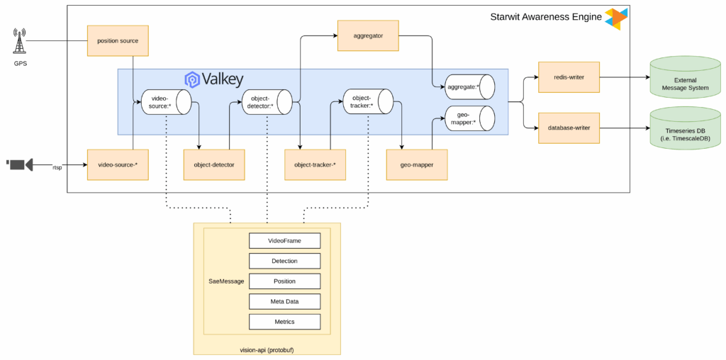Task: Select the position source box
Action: point(118,40)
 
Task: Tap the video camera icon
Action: point(20,164)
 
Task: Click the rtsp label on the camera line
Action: point(57,167)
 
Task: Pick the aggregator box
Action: point(367,35)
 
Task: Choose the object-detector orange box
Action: point(213,164)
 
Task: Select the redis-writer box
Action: point(568,77)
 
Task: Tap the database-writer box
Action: point(568,128)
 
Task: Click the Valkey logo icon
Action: point(191,79)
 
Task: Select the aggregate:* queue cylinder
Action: point(469,86)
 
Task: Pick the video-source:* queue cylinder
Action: point(166,102)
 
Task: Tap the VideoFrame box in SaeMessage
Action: point(284,241)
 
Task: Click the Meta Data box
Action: point(284,301)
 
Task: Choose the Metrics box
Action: point(284,322)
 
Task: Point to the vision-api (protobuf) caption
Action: point(267,349)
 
